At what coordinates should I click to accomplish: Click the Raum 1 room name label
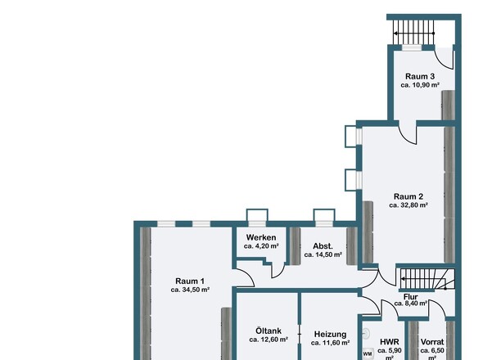[190, 281]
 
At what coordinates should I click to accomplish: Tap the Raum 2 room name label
[409, 196]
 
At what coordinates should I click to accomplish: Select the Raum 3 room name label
[420, 76]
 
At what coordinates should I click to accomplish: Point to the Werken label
[261, 238]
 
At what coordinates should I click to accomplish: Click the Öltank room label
[269, 331]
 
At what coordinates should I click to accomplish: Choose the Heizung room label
[330, 335]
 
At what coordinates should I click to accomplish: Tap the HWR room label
[390, 342]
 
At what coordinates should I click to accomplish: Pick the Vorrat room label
[432, 342]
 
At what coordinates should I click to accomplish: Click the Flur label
[411, 297]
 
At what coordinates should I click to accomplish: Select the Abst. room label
[323, 246]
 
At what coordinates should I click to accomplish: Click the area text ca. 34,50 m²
[190, 290]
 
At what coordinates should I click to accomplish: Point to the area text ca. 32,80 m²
[409, 205]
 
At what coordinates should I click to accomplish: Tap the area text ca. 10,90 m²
[420, 85]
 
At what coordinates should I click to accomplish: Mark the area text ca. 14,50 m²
[323, 255]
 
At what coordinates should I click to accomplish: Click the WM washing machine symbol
[368, 353]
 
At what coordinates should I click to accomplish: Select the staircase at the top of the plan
[413, 33]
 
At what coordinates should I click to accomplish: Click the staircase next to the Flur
[427, 279]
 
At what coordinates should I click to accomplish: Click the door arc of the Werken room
[280, 271]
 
